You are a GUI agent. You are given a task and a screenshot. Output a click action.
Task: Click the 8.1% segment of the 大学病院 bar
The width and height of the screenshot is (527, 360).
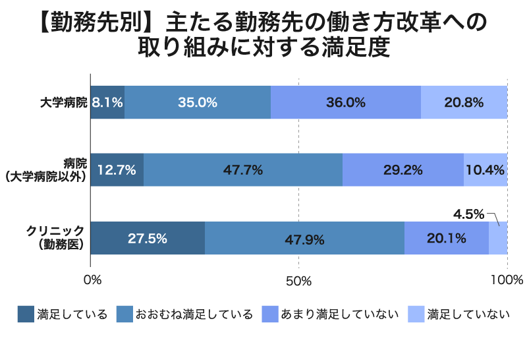(107, 102)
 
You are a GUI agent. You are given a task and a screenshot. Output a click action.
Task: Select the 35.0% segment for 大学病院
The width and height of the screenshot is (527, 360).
(198, 102)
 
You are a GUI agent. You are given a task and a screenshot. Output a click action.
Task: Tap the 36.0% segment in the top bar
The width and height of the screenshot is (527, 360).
(346, 102)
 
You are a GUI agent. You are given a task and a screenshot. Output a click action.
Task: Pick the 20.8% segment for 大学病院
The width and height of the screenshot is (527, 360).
(464, 102)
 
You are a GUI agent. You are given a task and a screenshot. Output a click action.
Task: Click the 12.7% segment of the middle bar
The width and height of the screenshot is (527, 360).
(117, 170)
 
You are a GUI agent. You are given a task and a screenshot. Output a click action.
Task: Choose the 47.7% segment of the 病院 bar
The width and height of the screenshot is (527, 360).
(243, 170)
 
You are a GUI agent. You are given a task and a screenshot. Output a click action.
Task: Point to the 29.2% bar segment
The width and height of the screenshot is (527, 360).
(403, 170)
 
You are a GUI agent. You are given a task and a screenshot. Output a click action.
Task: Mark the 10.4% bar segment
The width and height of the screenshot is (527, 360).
(485, 170)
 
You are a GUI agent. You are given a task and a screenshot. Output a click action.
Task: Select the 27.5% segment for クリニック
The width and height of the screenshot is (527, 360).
(148, 238)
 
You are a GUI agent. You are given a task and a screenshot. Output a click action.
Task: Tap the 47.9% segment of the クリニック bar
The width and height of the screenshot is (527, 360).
(304, 238)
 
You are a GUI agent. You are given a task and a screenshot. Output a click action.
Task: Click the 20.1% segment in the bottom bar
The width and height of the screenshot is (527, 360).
(447, 238)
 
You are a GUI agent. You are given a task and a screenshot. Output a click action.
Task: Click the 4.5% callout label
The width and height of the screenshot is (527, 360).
(469, 214)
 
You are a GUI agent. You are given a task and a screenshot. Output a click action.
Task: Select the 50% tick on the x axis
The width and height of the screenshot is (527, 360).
(299, 280)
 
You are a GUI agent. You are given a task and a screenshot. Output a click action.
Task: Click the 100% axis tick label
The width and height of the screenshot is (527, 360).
(507, 280)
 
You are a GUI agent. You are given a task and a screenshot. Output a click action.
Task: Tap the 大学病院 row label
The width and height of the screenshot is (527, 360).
(63, 103)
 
